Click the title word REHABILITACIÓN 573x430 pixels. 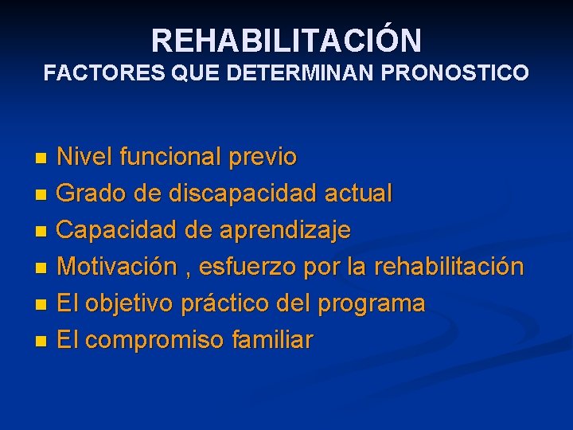click(286, 40)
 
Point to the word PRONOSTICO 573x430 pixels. click(455, 73)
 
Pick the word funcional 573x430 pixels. click(170, 157)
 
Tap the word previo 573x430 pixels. click(263, 157)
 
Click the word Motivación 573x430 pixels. click(118, 267)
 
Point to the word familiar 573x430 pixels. click(272, 340)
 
